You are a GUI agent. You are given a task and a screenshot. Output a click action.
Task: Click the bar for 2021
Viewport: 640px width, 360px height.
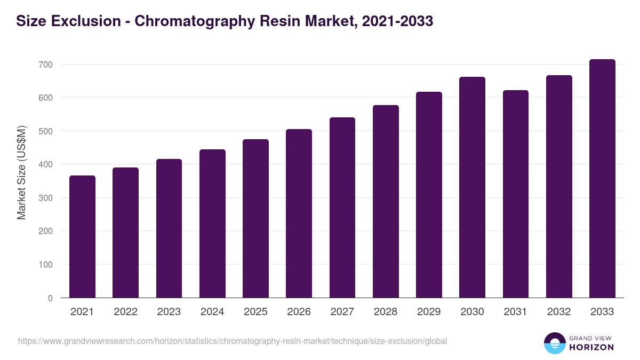pyautogui.click(x=82, y=237)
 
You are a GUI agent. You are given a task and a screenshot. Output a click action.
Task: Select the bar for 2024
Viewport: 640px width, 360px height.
pyautogui.click(x=212, y=224)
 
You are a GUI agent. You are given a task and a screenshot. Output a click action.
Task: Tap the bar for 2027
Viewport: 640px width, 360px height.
pyautogui.click(x=342, y=208)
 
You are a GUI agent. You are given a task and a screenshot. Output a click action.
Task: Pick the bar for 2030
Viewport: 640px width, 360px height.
pyautogui.click(x=473, y=188)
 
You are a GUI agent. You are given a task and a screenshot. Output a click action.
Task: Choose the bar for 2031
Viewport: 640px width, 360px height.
pyautogui.click(x=516, y=194)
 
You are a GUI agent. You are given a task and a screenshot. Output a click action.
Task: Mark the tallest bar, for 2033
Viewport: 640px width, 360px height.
pyautogui.click(x=602, y=179)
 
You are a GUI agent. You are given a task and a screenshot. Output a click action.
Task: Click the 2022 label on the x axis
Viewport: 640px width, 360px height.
pyautogui.click(x=125, y=312)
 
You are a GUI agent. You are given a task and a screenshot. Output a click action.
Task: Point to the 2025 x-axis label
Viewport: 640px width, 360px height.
pyautogui.click(x=255, y=312)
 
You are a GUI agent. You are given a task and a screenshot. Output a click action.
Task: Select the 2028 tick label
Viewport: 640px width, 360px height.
pyautogui.click(x=386, y=312)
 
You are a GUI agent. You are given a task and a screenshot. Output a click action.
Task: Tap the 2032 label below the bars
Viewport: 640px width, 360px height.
pyautogui.click(x=559, y=312)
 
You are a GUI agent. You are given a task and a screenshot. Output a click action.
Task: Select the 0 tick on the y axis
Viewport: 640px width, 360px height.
pyautogui.click(x=50, y=298)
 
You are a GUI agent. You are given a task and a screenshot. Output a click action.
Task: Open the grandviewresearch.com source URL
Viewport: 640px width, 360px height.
pyautogui.click(x=233, y=341)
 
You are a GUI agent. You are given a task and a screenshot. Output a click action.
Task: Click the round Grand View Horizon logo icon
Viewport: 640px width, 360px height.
pyautogui.click(x=554, y=343)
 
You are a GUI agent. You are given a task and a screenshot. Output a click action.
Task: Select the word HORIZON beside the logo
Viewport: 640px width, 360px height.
pyautogui.click(x=591, y=347)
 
